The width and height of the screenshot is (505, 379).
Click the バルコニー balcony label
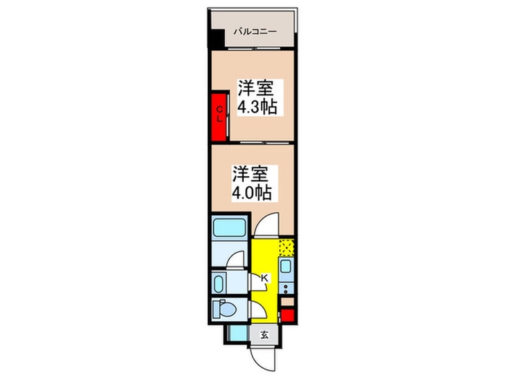(255, 32)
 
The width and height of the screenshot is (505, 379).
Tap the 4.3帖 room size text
(257, 107)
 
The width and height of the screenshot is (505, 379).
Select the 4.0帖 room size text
(252, 193)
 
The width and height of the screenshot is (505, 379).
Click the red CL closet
(219, 117)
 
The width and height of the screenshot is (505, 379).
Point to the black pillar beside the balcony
(216, 39)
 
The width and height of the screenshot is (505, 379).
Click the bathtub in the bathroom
(229, 227)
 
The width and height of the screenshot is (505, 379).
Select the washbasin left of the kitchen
(219, 284)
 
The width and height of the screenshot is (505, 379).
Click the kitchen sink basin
(286, 266)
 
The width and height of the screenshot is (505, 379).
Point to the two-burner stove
(286, 288)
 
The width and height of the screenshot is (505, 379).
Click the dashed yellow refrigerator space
(286, 248)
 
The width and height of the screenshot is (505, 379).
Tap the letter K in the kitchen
(265, 278)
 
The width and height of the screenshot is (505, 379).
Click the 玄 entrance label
(265, 336)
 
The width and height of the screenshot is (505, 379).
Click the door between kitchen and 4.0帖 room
(266, 225)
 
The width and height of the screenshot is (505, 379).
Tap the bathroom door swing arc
(235, 259)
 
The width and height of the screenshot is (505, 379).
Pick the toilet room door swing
(258, 310)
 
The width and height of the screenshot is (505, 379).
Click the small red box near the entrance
(287, 315)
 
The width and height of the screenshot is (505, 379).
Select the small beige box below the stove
(287, 302)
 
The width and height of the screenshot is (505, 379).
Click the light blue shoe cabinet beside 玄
(237, 334)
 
